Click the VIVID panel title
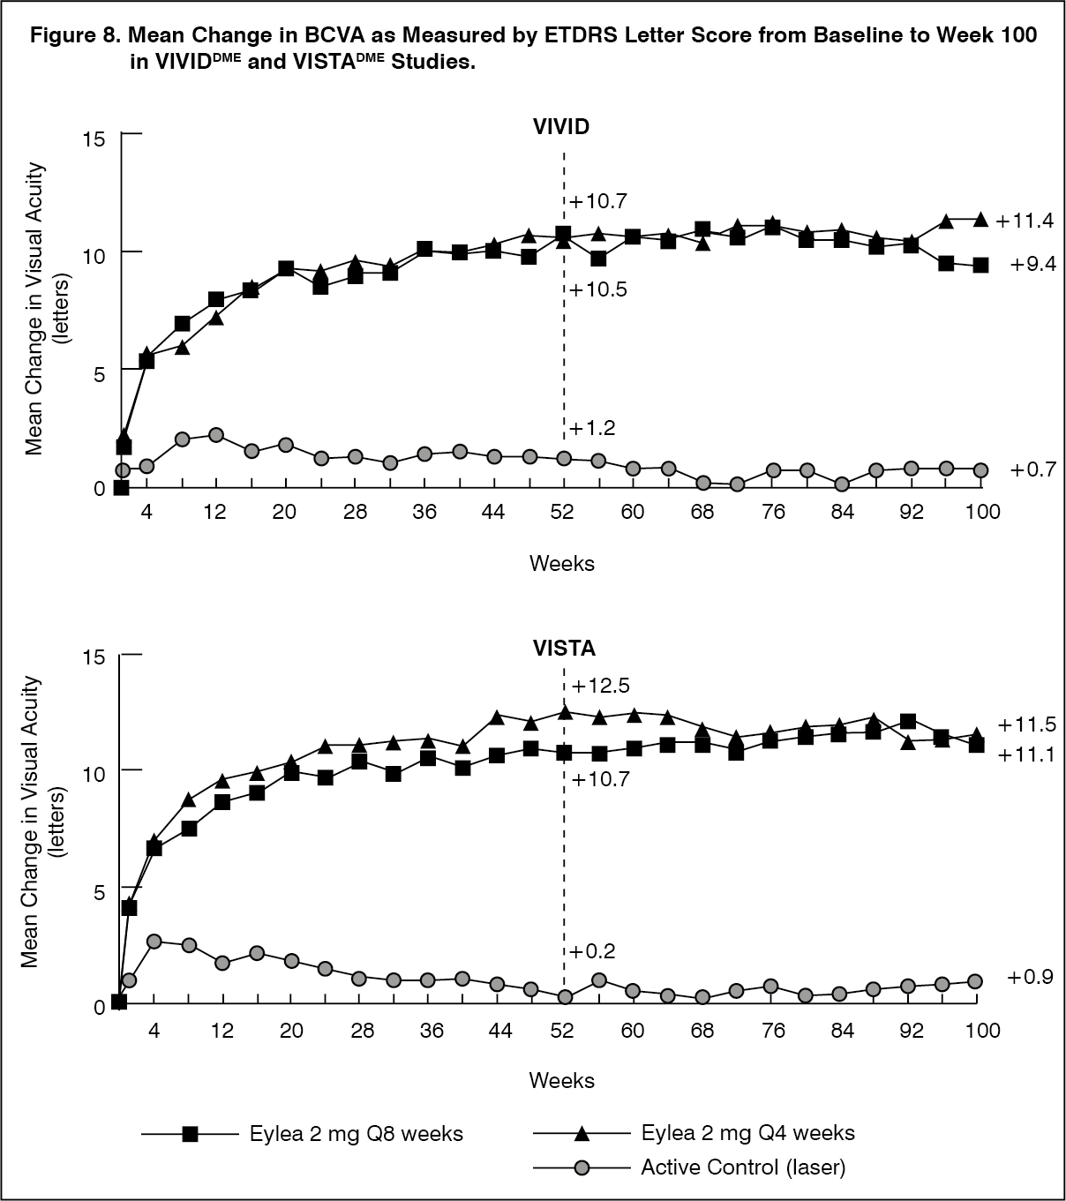(x=561, y=126)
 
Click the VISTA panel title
(x=564, y=649)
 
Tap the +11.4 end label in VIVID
(x=1025, y=221)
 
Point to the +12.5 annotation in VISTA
(x=600, y=686)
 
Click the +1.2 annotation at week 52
(x=592, y=429)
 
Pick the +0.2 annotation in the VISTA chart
(x=592, y=951)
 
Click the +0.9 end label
(x=1030, y=978)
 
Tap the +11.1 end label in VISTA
(x=1026, y=754)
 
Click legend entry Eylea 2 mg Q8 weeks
(x=356, y=1133)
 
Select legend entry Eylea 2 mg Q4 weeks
(x=747, y=1132)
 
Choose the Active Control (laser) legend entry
(x=743, y=1167)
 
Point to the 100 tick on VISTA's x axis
(x=982, y=1030)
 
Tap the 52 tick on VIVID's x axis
(x=562, y=511)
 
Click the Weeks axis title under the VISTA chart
(x=562, y=1080)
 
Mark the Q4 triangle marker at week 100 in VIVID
(x=980, y=219)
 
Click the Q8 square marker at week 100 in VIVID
(x=980, y=265)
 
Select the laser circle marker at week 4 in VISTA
(x=154, y=942)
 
